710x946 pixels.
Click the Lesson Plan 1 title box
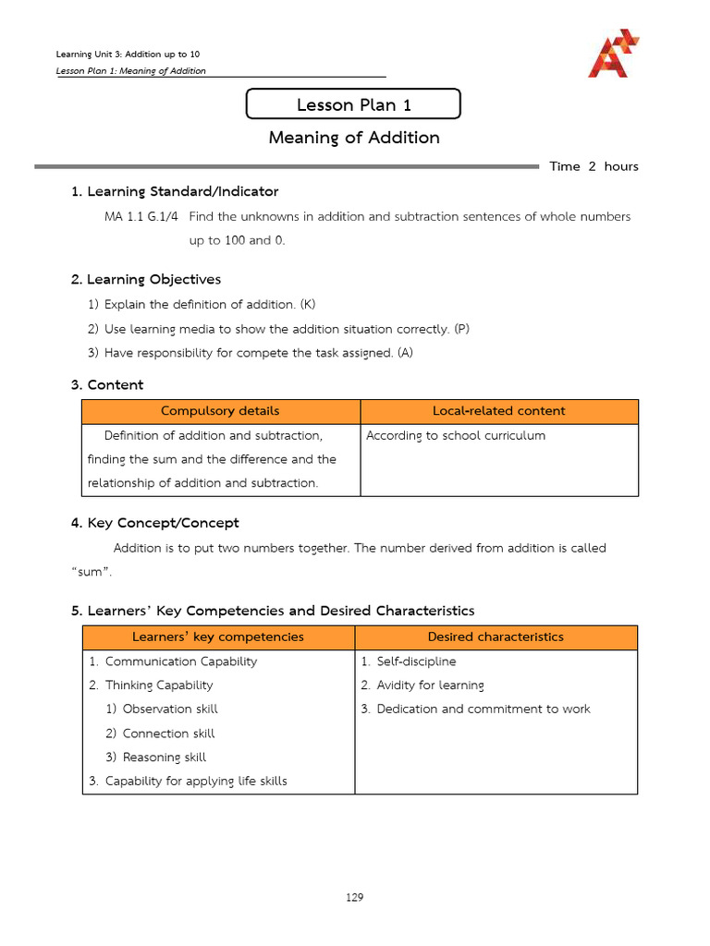click(353, 104)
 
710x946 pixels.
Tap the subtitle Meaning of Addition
click(354, 138)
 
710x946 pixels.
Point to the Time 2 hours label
click(594, 166)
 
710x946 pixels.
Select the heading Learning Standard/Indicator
click(175, 191)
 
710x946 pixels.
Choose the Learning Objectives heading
click(146, 279)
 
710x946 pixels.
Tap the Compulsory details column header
click(220, 411)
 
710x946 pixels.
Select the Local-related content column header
click(498, 411)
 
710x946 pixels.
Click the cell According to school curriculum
click(456, 435)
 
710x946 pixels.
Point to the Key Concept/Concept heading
click(154, 523)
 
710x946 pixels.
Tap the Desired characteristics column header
click(496, 637)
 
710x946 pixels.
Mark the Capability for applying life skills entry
click(195, 782)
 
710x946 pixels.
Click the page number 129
click(354, 897)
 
